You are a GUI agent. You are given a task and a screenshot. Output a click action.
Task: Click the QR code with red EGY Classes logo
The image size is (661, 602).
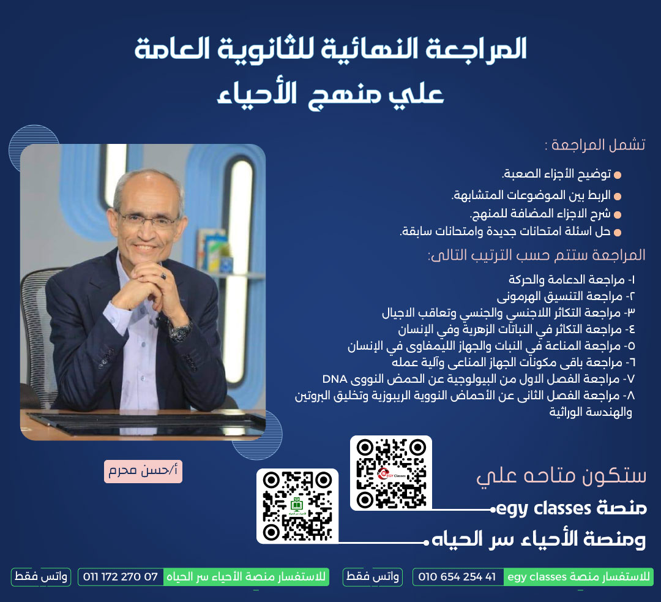point(390,473)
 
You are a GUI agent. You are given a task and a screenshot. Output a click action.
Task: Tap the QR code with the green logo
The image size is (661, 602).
point(297,506)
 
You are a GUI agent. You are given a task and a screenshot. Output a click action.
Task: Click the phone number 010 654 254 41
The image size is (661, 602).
point(457,577)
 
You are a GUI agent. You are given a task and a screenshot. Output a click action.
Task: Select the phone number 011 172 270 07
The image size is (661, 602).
point(120,577)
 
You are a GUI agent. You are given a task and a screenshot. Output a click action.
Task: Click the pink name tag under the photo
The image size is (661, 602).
point(143,471)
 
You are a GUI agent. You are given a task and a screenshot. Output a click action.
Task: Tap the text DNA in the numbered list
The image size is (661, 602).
point(335,379)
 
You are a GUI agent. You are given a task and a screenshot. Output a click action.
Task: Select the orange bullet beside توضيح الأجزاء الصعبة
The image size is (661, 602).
point(618,175)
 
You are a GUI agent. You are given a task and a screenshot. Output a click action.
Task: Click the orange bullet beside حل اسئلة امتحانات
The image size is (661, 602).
point(618,233)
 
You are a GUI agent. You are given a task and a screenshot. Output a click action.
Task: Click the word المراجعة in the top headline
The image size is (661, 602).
point(476,48)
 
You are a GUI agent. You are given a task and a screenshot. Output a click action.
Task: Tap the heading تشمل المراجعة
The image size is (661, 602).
point(595,145)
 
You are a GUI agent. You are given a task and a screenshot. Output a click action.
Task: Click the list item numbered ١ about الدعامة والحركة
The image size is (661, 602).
point(572,279)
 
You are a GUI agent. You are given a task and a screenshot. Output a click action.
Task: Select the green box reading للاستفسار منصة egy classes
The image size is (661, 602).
point(578,577)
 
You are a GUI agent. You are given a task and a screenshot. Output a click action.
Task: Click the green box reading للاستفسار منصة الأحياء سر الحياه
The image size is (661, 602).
point(246,577)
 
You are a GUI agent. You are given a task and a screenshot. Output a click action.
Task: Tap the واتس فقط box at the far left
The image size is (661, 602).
point(41,577)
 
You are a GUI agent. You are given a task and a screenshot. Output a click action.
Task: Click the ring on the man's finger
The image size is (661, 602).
point(163,276)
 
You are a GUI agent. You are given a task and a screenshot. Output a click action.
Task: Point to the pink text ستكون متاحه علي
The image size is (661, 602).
point(561,475)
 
